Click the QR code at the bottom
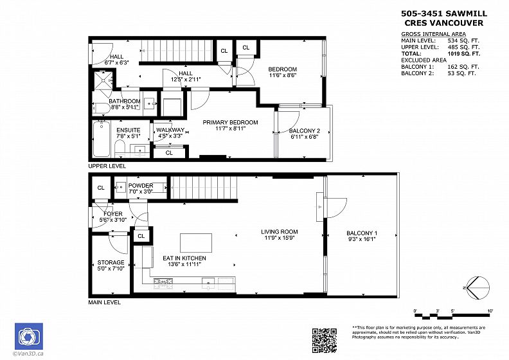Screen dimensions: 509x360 pyautogui.click(x=325, y=340)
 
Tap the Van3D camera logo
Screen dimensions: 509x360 pyautogui.click(x=29, y=336)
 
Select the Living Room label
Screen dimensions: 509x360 pyautogui.click(x=280, y=232)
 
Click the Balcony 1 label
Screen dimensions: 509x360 pyautogui.click(x=362, y=233)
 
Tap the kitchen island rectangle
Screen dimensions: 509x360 pyautogui.click(x=196, y=243)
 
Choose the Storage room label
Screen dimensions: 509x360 pyautogui.click(x=111, y=262)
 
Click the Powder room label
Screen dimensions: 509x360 pyautogui.click(x=141, y=186)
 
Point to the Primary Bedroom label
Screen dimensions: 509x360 pyautogui.click(x=231, y=122)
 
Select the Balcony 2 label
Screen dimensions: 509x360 pyautogui.click(x=305, y=130)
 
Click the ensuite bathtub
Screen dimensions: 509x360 pyautogui.click(x=102, y=139)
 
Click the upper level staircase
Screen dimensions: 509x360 pyautogui.click(x=177, y=50)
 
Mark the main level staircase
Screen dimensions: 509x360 pyautogui.click(x=204, y=187)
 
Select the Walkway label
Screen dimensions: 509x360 pyautogui.click(x=170, y=130)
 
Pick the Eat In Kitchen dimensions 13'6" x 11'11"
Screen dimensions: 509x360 pyautogui.click(x=184, y=265)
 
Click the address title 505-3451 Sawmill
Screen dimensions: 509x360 pyautogui.click(x=444, y=14)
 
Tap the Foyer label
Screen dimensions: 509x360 pyautogui.click(x=113, y=214)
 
